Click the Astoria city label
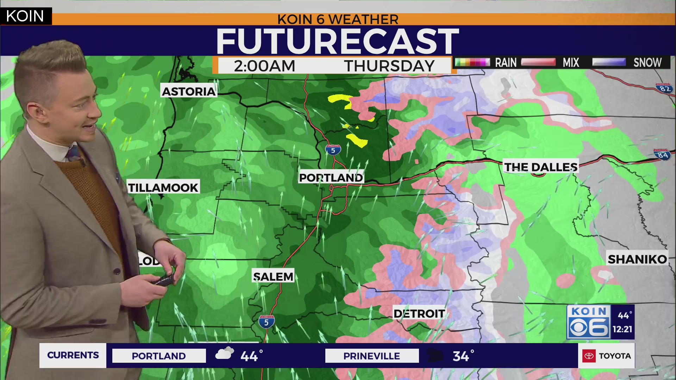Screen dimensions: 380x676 pos(189,91)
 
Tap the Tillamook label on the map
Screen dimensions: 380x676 pos(163,188)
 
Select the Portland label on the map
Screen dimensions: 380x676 pos(331,178)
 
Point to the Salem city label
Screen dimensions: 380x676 pos(273,277)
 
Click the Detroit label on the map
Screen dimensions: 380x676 pos(419,313)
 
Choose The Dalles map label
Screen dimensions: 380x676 pos(540,167)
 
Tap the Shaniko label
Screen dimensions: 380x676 pos(637,259)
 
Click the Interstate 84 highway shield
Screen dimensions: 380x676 pos(662,155)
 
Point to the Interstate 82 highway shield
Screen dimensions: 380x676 pos(664,88)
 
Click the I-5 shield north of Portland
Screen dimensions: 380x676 pos(333,150)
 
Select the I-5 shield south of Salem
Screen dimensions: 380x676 pos(266,322)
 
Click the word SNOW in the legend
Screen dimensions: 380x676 pos(647,63)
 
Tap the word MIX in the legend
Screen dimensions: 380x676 pos(570,63)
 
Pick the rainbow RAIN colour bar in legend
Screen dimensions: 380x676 pos(472,63)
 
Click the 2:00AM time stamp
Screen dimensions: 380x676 pos(264,66)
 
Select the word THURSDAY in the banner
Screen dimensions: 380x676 pos(389,66)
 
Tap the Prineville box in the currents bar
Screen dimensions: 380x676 pos(371,356)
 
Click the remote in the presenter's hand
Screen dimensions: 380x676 pos(164,280)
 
